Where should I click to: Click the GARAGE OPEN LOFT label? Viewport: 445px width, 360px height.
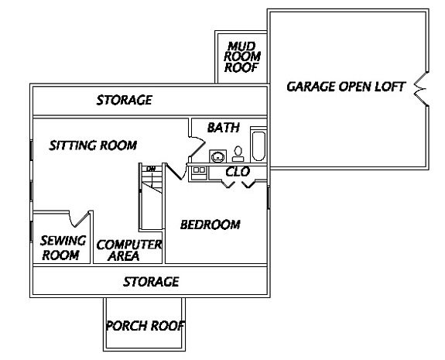point(346,87)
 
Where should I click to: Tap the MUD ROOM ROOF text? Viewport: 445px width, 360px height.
point(241,57)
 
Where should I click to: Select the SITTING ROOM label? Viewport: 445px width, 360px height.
point(93,146)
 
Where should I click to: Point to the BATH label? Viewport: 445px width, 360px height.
point(224,128)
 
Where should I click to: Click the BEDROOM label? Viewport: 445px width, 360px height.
point(211,225)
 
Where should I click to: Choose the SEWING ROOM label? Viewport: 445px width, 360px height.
point(63,248)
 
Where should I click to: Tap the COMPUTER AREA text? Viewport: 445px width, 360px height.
point(129,250)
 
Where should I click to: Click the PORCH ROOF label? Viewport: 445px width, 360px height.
point(145,326)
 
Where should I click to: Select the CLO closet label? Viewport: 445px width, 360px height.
point(238,172)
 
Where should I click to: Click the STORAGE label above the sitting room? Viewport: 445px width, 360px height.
point(125,100)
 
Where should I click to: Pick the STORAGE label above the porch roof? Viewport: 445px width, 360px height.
point(151,282)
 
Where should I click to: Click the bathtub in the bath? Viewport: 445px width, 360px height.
point(258,146)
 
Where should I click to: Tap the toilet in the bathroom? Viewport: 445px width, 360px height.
point(238,154)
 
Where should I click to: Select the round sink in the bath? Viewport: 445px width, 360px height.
point(218,156)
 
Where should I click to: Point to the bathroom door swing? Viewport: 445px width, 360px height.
point(197,146)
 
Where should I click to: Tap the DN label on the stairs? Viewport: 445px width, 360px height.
point(151,169)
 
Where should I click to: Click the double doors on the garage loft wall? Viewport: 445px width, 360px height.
point(421,89)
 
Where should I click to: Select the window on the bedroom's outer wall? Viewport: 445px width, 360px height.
point(269,197)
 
